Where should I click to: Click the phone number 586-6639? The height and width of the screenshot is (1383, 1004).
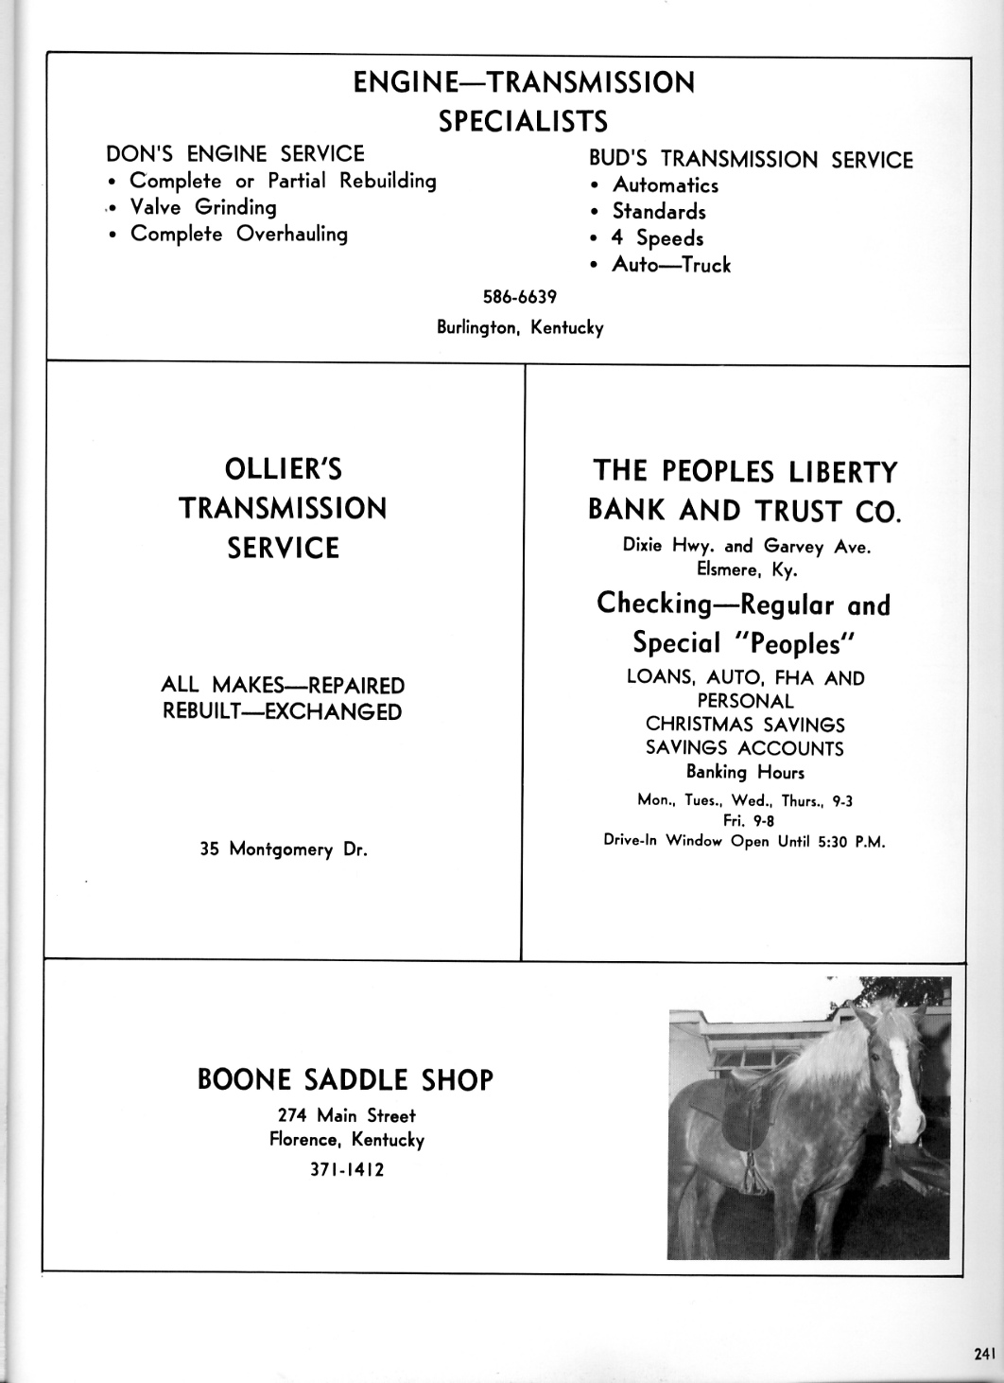point(519,297)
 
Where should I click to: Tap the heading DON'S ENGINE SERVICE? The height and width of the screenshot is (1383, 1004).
point(235,153)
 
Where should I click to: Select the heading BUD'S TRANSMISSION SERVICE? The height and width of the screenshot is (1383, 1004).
point(751,159)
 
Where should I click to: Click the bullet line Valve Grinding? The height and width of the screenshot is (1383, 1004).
point(202,207)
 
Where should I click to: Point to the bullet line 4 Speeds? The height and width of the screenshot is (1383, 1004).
point(657,238)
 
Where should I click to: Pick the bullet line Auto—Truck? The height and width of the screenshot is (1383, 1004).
point(671,265)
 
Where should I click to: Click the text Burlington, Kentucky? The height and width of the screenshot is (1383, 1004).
point(519,328)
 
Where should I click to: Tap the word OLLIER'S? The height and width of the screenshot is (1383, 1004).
point(284,469)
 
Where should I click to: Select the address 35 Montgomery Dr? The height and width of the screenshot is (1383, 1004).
point(284,849)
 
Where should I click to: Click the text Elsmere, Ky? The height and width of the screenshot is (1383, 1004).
point(746,570)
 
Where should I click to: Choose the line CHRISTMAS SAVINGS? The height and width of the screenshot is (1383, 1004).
point(745,725)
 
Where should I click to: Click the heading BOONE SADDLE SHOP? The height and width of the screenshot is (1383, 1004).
point(345,1080)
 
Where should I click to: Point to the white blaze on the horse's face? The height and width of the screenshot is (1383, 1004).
point(906,1069)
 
